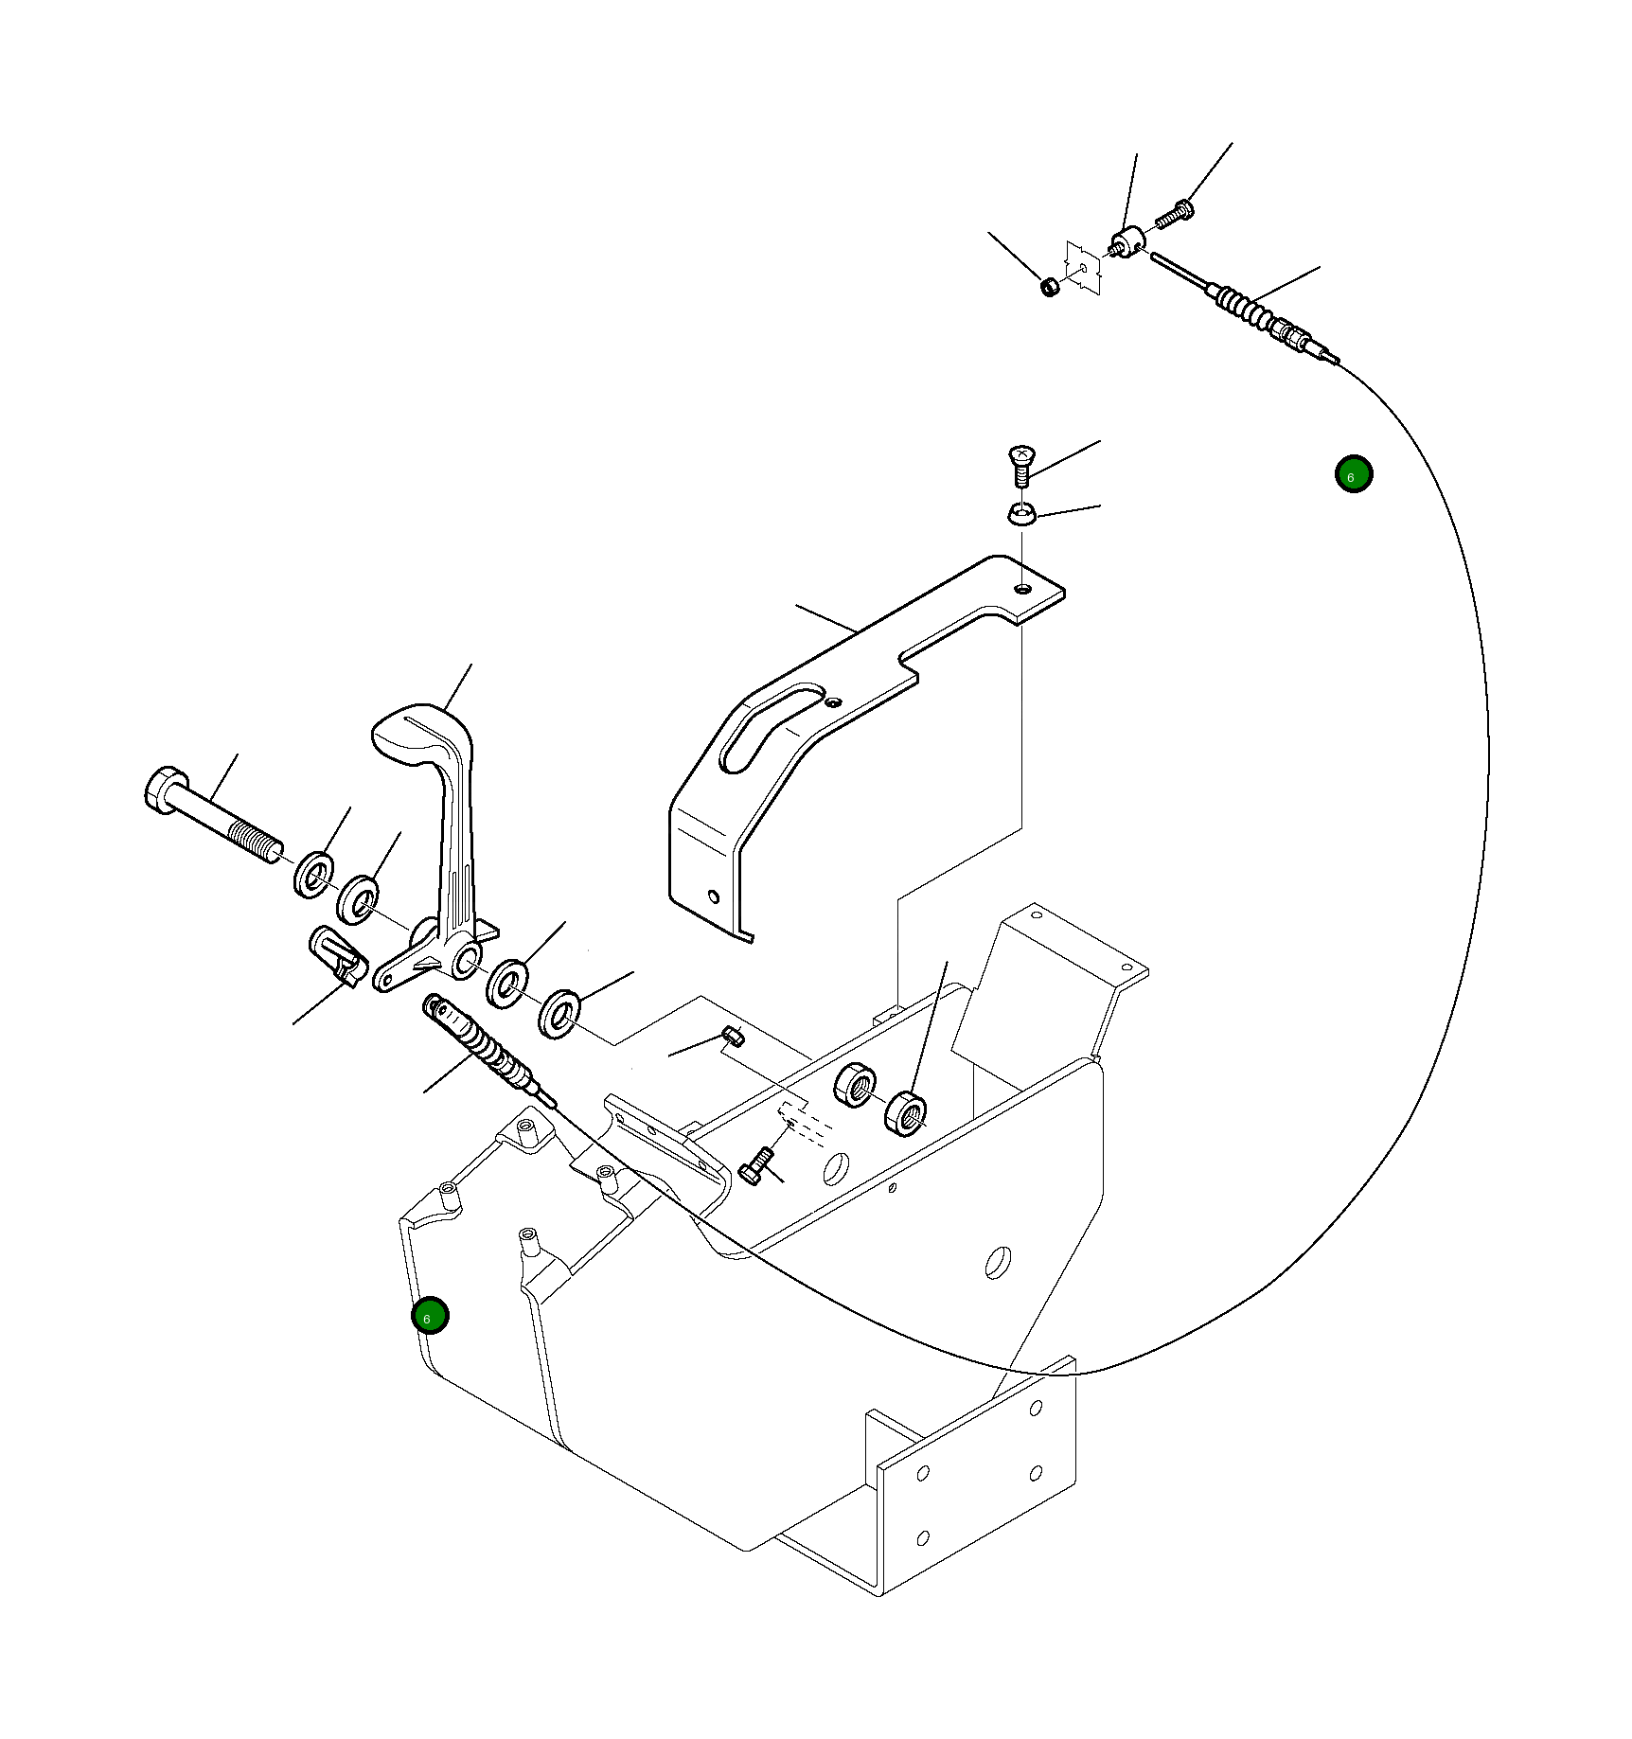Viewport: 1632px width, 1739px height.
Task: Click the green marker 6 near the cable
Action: (x=1354, y=473)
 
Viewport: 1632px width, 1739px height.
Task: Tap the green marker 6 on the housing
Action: (x=430, y=1315)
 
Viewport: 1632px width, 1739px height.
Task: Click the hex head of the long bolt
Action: (x=167, y=790)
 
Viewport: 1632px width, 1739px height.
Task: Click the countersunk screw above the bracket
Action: (x=1021, y=466)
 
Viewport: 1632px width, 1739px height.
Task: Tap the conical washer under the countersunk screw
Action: (x=1021, y=514)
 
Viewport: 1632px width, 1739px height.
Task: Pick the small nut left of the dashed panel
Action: (x=1049, y=286)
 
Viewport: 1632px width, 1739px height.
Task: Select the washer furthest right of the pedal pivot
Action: (x=561, y=1013)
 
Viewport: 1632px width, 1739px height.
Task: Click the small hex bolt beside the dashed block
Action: (x=756, y=1165)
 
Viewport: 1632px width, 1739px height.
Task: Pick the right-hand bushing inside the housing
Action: (x=905, y=1112)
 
